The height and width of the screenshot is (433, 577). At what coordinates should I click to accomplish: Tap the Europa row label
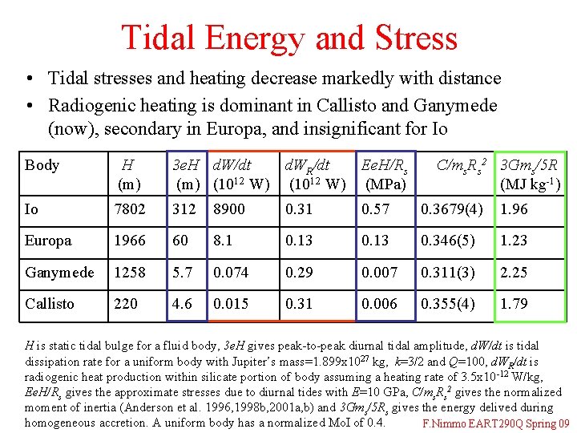click(48, 241)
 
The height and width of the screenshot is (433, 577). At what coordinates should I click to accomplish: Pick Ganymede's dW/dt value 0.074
click(231, 273)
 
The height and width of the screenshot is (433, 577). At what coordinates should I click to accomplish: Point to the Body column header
click(42, 165)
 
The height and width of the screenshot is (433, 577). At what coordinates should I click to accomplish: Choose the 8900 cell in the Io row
click(229, 209)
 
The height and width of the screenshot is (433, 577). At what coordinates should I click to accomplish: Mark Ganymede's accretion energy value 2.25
click(514, 273)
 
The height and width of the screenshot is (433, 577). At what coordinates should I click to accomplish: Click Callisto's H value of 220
click(127, 304)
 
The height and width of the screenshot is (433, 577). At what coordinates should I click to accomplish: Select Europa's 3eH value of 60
click(182, 241)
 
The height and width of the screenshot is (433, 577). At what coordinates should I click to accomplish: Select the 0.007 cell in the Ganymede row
click(378, 273)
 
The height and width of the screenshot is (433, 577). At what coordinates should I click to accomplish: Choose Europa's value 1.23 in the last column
click(514, 241)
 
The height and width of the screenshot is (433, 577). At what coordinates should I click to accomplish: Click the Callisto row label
click(50, 304)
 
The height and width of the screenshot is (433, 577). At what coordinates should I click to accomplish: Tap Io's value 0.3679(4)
click(454, 209)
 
